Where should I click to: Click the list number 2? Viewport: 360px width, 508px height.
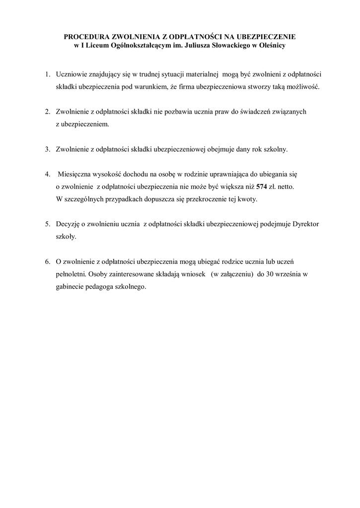47,112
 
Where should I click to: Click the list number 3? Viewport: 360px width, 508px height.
47,149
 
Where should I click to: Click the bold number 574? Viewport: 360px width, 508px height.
262,187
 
